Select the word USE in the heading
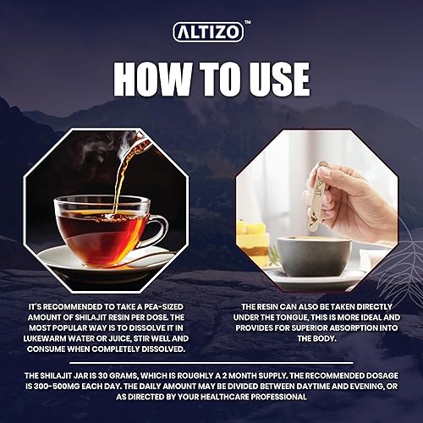click(271, 79)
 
